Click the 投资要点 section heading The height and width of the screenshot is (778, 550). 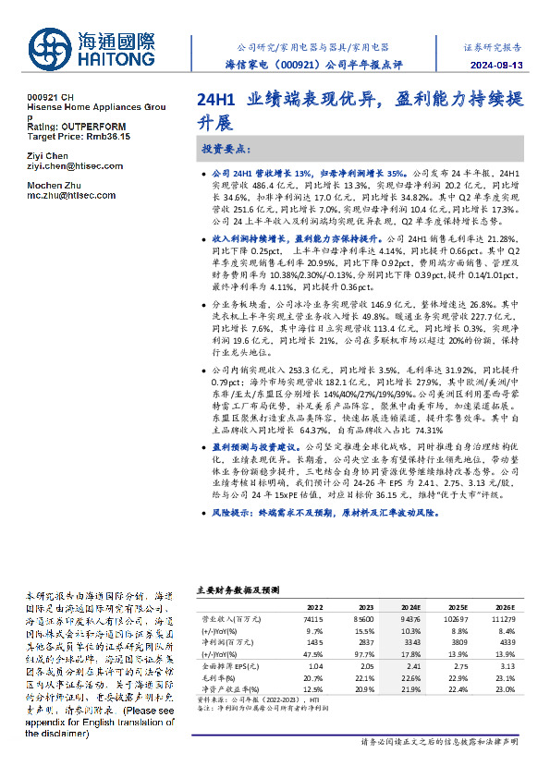pos(225,149)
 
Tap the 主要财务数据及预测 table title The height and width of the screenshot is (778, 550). pos(238,588)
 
